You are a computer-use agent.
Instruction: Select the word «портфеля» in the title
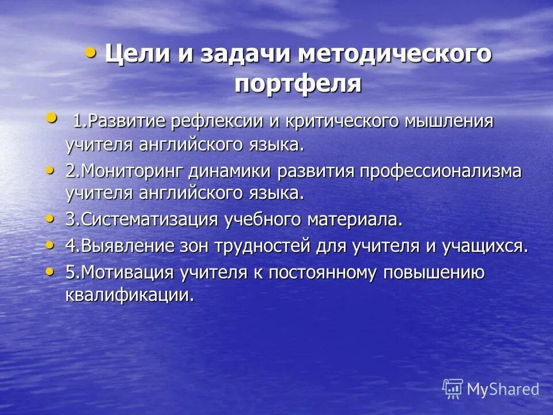[298, 85]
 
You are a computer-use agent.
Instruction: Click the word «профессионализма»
[441, 171]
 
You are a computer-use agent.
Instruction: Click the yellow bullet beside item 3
[51, 218]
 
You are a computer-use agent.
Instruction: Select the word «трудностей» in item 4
[264, 246]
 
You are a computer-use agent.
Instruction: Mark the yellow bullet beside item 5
[51, 270]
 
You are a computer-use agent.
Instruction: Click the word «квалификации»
[128, 295]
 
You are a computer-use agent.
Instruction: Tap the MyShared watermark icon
[453, 388]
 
